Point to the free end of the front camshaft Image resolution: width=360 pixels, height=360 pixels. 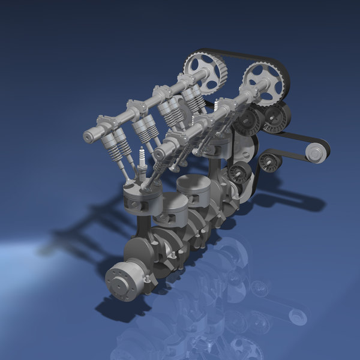pos(160,154)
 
